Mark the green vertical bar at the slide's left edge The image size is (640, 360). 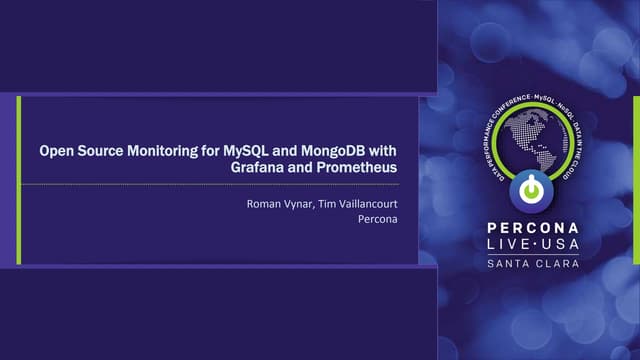(18, 180)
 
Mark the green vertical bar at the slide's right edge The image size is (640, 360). (635, 180)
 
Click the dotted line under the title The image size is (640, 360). (210, 185)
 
